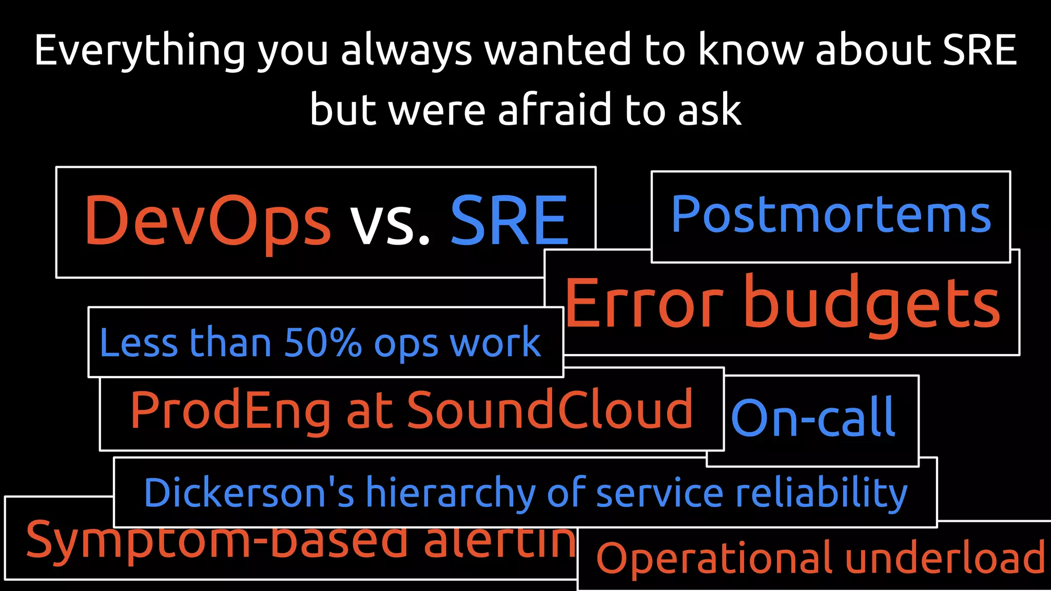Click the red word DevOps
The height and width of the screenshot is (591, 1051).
[x=207, y=221]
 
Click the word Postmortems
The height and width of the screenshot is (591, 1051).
[x=831, y=214]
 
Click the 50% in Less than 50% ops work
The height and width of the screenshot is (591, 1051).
[x=323, y=342]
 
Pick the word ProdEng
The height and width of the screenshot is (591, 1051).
[x=230, y=410]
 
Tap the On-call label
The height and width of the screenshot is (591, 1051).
[x=813, y=418]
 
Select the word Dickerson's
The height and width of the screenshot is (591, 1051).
[x=249, y=493]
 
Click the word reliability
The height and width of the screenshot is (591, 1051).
[x=822, y=493]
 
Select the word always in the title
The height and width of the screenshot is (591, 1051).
[x=406, y=51]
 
